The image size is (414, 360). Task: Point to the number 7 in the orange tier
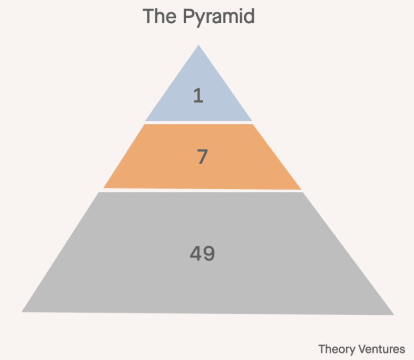pyautogui.click(x=202, y=157)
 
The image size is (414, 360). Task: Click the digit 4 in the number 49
pyautogui.click(x=196, y=254)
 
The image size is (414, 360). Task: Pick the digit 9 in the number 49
pyautogui.click(x=208, y=254)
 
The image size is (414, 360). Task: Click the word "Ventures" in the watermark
pyautogui.click(x=382, y=349)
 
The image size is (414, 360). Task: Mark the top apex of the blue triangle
pyautogui.click(x=199, y=46)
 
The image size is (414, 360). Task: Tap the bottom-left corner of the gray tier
pyautogui.click(x=22, y=311)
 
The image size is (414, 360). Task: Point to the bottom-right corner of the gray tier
pyautogui.click(x=394, y=314)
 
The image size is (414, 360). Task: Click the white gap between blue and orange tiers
pyautogui.click(x=199, y=122)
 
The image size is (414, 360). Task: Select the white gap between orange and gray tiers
pyautogui.click(x=202, y=190)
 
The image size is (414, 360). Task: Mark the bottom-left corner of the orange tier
pyautogui.click(x=103, y=187)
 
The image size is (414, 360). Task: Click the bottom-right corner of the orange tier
pyautogui.click(x=301, y=189)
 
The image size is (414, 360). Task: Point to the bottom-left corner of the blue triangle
pyautogui.click(x=145, y=120)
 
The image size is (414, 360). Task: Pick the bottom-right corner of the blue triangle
pyautogui.click(x=252, y=120)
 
